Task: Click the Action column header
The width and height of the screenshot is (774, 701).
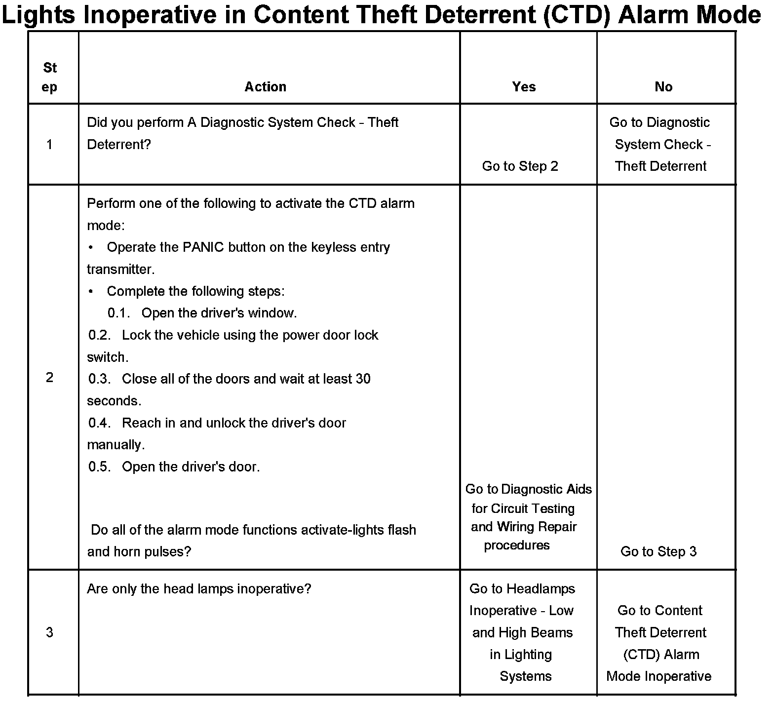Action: tap(265, 87)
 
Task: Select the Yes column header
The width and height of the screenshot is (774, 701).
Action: tap(524, 87)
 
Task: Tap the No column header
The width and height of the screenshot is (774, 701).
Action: tap(663, 87)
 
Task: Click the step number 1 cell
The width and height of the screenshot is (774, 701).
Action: tap(49, 145)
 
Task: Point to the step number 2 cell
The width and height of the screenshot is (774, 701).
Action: tap(49, 378)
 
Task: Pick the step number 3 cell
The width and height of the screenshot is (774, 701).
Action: tap(49, 632)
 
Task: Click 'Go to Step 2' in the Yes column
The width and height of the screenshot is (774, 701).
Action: tap(520, 166)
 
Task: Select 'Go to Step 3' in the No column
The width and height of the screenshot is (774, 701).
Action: tap(658, 551)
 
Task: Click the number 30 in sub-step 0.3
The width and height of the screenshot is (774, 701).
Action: tap(363, 379)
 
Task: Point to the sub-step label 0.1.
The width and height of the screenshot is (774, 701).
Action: tap(118, 313)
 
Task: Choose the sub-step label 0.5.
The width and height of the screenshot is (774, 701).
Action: tap(100, 467)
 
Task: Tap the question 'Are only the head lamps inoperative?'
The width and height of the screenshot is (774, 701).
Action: tap(199, 589)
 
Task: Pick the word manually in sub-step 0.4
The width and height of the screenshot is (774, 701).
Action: tap(116, 445)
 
